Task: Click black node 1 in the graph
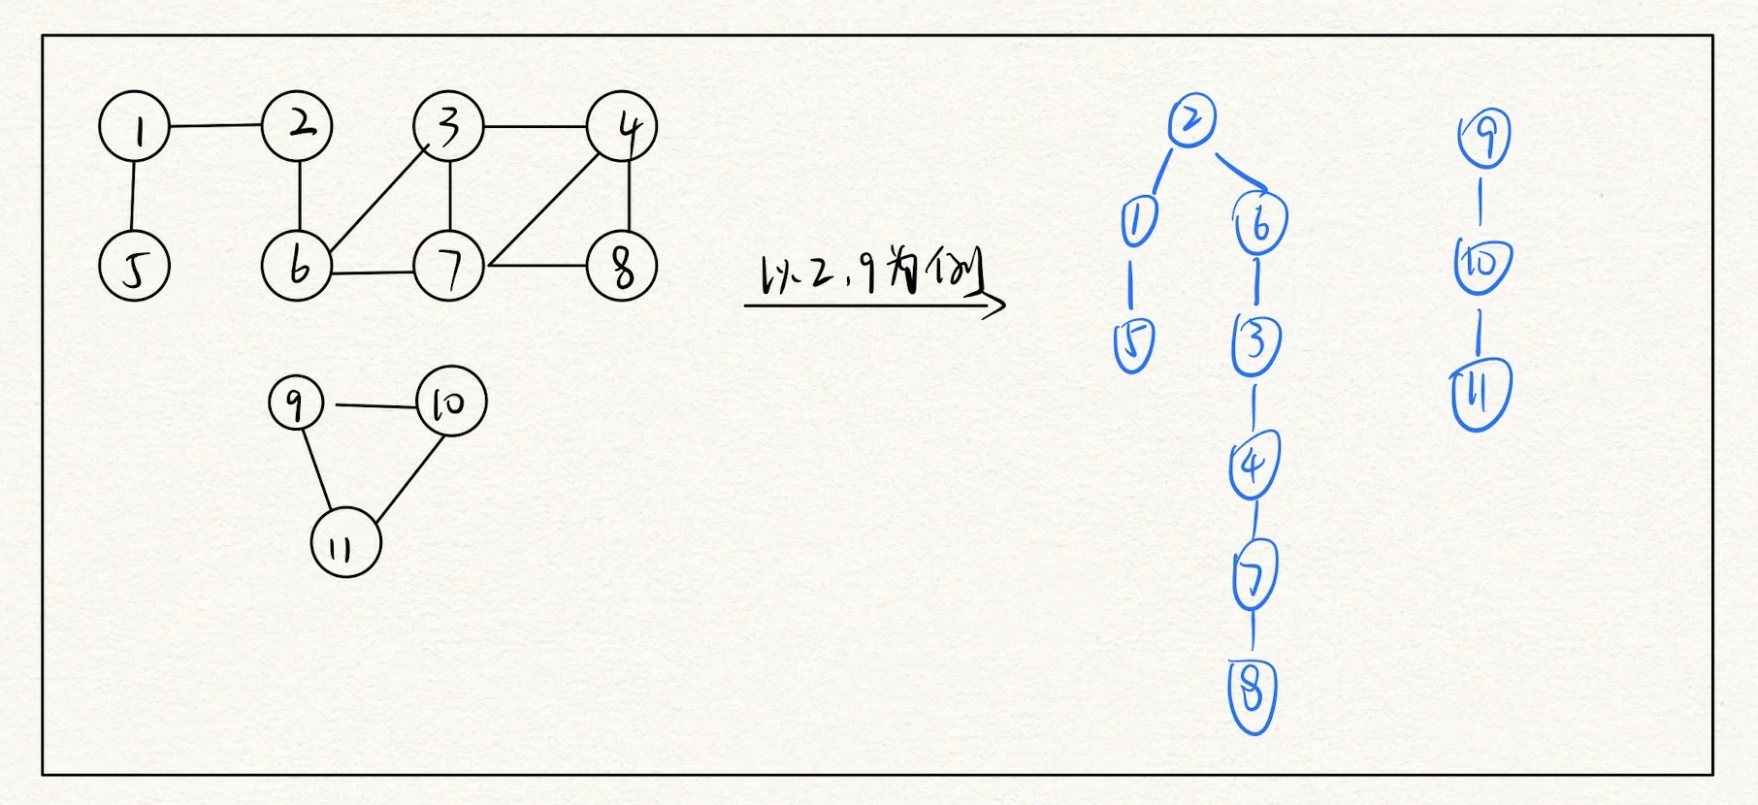(x=135, y=127)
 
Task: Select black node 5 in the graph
(x=135, y=266)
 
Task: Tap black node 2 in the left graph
(x=297, y=126)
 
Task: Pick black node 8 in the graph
(x=622, y=266)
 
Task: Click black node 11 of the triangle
(x=346, y=543)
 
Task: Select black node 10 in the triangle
(x=451, y=402)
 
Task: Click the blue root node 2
(x=1192, y=120)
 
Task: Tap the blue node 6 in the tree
(x=1260, y=222)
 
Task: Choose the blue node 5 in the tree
(x=1134, y=344)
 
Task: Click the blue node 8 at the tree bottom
(x=1253, y=695)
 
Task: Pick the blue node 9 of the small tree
(x=1484, y=139)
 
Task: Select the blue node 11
(x=1481, y=394)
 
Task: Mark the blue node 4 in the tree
(x=1254, y=464)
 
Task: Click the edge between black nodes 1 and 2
(x=216, y=126)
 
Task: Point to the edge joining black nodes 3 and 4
(x=536, y=126)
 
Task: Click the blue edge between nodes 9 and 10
(x=1481, y=202)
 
